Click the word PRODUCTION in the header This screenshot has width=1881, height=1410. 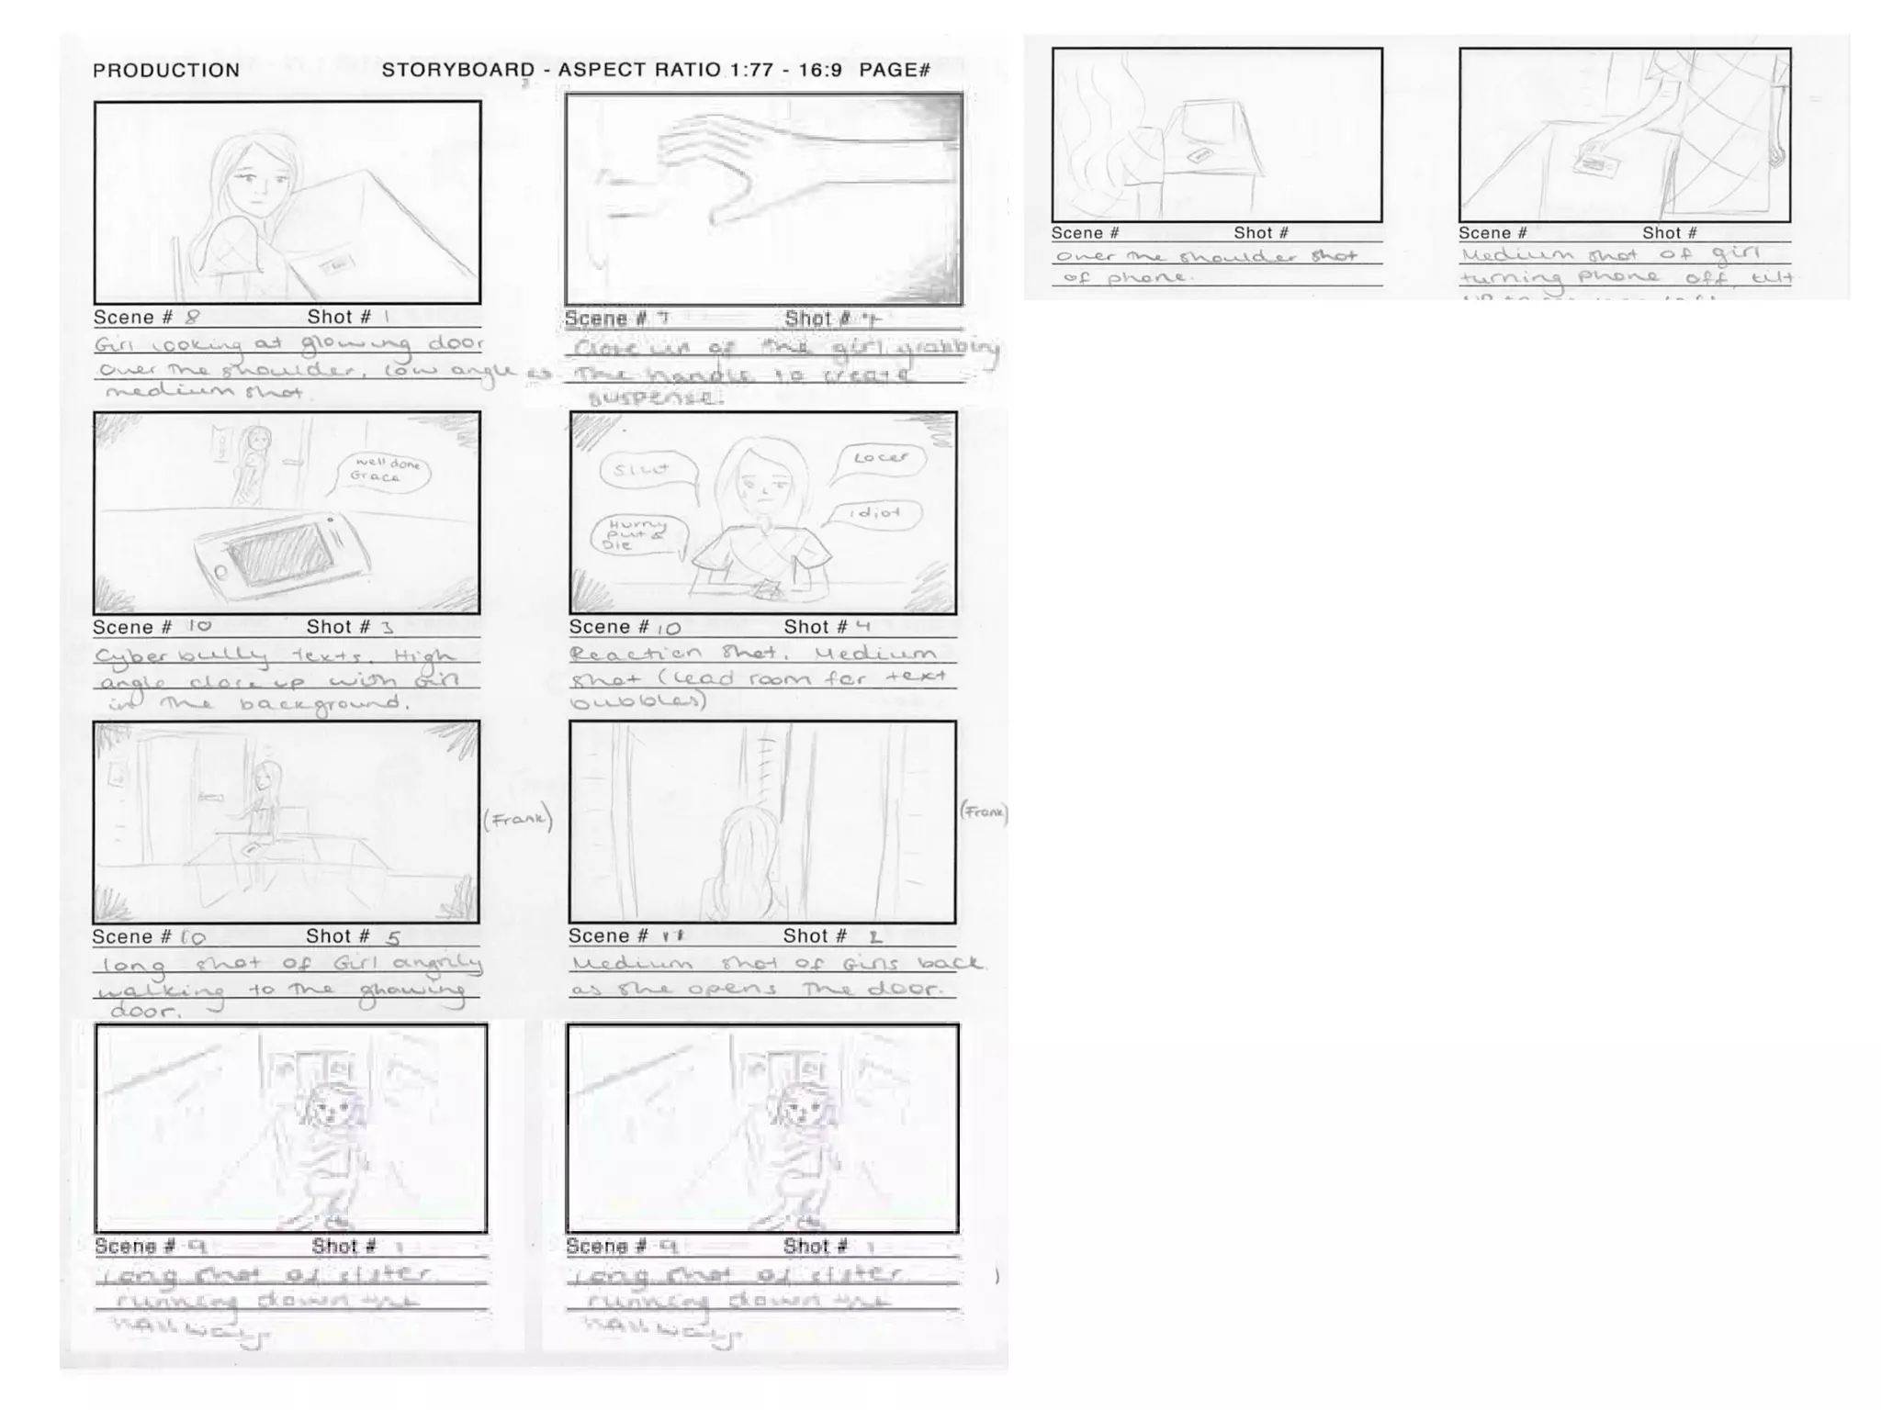[166, 71]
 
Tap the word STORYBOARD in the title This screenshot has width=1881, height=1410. [457, 71]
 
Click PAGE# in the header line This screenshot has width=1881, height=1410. [895, 71]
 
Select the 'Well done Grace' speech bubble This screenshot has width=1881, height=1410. [384, 471]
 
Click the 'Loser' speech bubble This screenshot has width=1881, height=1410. [880, 458]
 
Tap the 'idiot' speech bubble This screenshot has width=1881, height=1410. [873, 514]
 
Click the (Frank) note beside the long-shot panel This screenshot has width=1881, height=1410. [518, 819]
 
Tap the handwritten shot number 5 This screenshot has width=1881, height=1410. [393, 938]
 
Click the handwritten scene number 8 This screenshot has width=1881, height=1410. [192, 318]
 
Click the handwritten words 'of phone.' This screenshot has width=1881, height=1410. [1124, 277]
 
